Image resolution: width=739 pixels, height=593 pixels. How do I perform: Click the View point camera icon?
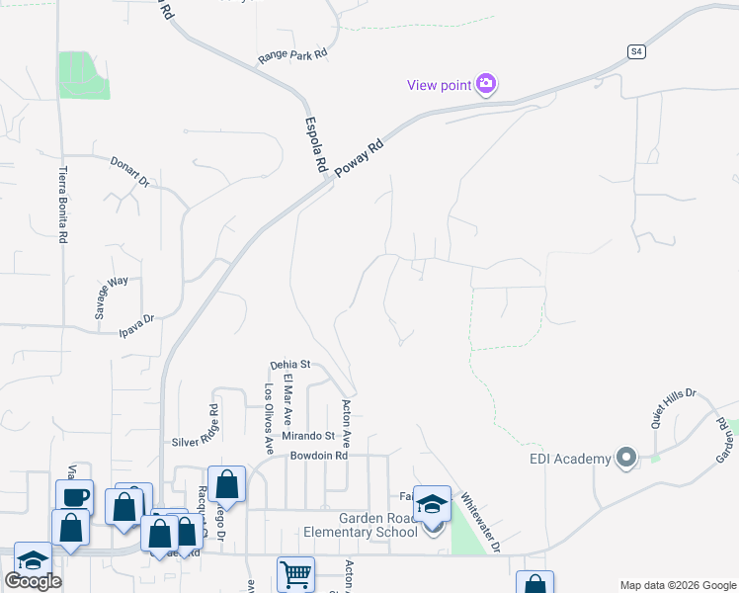(486, 85)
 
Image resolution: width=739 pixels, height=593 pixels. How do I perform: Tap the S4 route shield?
(637, 51)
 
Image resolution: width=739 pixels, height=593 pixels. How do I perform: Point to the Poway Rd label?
(358, 156)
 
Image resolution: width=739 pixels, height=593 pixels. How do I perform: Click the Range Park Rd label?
(292, 56)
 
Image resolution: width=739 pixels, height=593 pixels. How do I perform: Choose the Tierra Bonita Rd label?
(64, 206)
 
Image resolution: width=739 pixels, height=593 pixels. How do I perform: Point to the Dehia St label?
(290, 365)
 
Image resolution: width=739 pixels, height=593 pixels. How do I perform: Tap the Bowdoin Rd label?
(319, 457)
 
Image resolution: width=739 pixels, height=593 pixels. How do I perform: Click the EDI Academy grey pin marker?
(625, 458)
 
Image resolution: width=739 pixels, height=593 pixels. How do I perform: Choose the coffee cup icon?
(74, 496)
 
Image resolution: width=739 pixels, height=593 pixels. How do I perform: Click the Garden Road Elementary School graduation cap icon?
(432, 504)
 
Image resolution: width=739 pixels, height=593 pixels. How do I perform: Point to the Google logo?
(33, 581)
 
